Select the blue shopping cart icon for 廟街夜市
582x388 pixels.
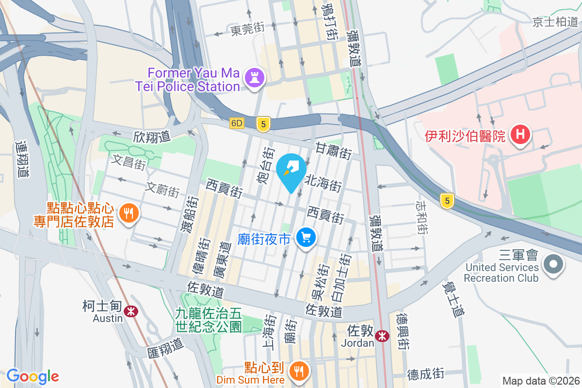(306, 237)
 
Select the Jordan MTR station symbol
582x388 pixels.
(383, 336)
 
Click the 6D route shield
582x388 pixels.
(237, 123)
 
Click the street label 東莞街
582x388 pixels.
(247, 30)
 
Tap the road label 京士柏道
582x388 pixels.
(555, 22)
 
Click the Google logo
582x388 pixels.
(32, 376)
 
